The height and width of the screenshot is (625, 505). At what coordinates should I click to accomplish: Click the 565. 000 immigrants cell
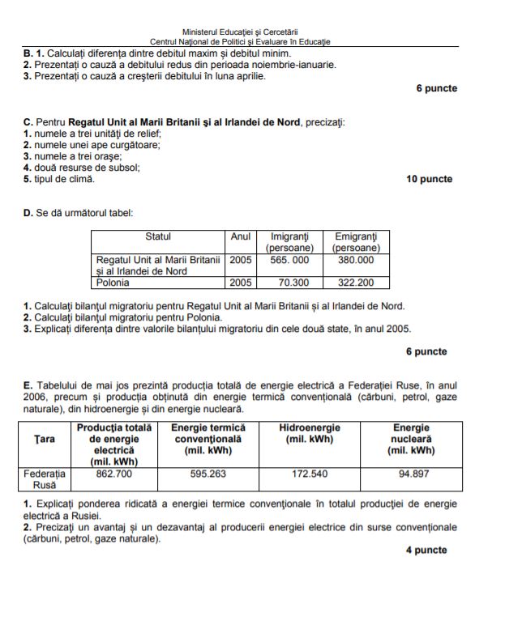point(289,260)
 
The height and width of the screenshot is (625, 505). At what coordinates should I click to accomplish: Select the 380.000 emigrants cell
point(356,260)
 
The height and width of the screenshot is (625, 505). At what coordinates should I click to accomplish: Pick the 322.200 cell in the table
point(356,283)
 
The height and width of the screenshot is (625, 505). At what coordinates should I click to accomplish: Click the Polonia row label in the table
point(113,283)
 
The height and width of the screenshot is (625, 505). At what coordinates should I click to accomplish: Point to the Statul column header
point(158,236)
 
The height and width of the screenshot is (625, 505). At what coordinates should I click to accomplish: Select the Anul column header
point(241,236)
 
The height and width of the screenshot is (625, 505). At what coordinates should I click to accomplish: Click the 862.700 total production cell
point(114,474)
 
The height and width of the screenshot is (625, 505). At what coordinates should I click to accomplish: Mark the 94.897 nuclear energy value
point(412,474)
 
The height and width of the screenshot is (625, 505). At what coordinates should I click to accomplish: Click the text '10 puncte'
point(429,180)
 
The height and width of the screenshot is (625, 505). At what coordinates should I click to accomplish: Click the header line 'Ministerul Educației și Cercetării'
point(240,32)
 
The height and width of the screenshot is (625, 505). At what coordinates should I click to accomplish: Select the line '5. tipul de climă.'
point(59,179)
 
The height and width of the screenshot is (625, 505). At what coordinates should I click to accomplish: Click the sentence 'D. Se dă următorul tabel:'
point(79,214)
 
